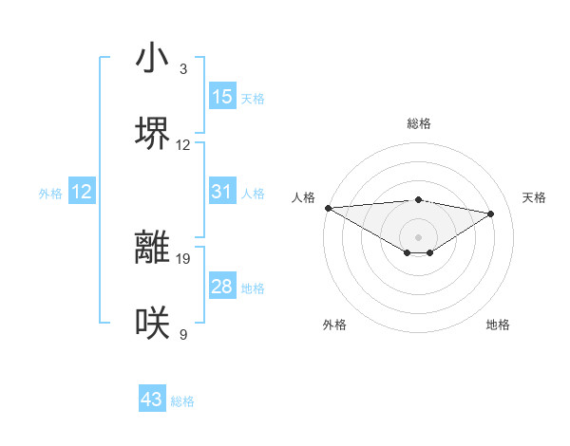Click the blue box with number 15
click(x=222, y=97)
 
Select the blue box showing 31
click(x=222, y=192)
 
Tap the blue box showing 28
click(x=222, y=287)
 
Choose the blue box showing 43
click(x=152, y=400)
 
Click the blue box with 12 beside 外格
click(x=82, y=192)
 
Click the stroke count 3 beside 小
click(x=183, y=69)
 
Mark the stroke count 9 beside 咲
click(x=183, y=334)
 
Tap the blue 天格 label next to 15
click(x=253, y=98)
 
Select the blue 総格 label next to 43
click(x=182, y=401)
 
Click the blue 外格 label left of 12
click(x=50, y=193)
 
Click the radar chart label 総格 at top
click(x=419, y=123)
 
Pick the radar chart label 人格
click(x=303, y=197)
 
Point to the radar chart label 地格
click(x=498, y=325)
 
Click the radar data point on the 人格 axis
click(x=328, y=208)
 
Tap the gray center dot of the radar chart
click(x=418, y=236)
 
